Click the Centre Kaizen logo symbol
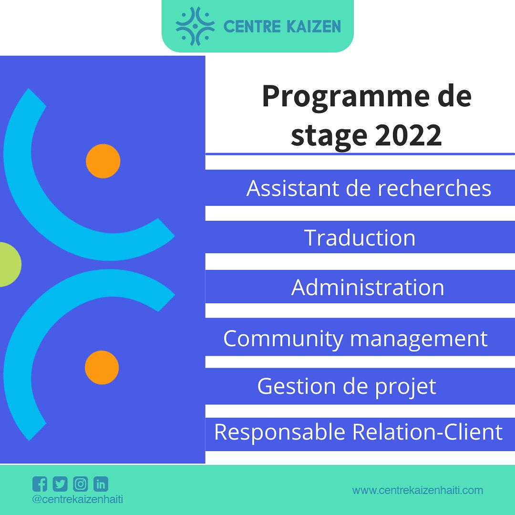195,26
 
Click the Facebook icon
40,484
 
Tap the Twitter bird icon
60,484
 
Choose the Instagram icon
81,484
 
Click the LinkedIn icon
101,484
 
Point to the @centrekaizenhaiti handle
78,500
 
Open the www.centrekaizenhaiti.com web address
417,490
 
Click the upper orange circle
103,161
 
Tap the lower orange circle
102,367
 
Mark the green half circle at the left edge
10,264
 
